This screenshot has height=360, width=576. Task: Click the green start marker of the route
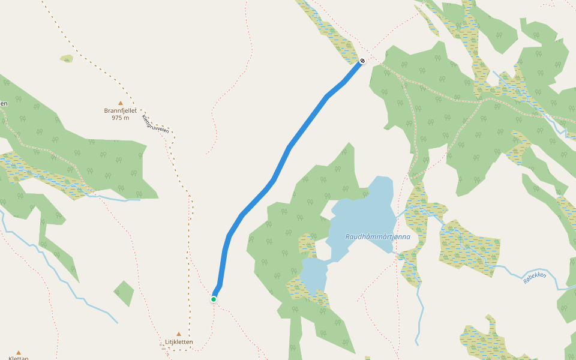click(x=214, y=299)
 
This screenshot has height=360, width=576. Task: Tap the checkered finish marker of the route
click(x=362, y=61)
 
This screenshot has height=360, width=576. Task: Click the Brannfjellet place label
click(x=120, y=110)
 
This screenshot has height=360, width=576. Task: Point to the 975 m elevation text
click(x=120, y=118)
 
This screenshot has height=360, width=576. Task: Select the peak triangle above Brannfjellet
click(x=120, y=103)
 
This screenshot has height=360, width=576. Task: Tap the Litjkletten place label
click(x=179, y=342)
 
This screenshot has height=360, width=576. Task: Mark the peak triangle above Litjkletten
click(x=178, y=334)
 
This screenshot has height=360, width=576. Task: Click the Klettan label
click(x=18, y=358)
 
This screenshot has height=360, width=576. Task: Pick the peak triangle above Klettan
click(x=18, y=353)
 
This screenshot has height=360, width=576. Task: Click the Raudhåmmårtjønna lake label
click(x=377, y=236)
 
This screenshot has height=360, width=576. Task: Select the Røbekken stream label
click(x=535, y=277)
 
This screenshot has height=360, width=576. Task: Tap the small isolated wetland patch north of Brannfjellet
click(x=67, y=59)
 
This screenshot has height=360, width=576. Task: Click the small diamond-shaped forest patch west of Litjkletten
click(x=124, y=293)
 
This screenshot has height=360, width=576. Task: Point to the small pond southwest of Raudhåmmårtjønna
click(x=313, y=275)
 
